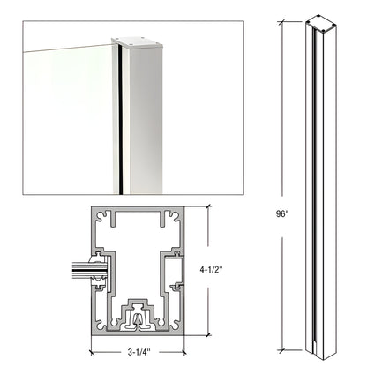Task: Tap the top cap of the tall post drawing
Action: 318,21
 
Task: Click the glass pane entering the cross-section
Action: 84,269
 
